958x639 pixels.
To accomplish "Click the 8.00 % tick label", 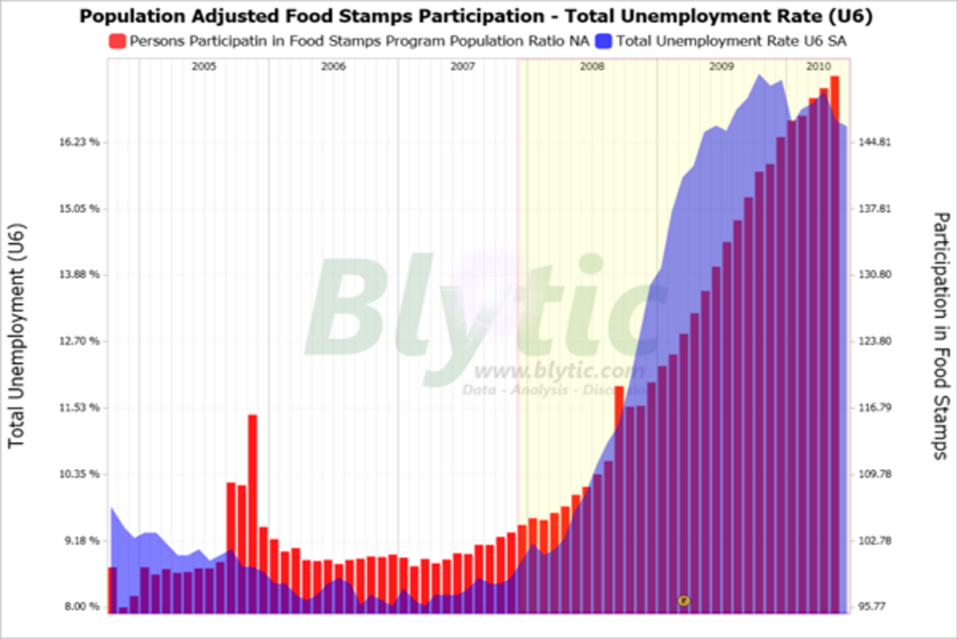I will [x=82, y=607].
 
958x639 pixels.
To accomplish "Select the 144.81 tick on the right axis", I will [x=873, y=142].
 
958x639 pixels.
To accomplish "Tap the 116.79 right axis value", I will [x=873, y=407].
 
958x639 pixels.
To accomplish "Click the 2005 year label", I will [x=204, y=67].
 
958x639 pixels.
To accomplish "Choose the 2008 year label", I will [x=592, y=67].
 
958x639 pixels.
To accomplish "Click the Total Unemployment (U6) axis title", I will [x=18, y=335].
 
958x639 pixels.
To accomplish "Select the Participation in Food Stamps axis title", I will [x=941, y=335].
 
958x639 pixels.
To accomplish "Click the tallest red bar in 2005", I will [x=252, y=511].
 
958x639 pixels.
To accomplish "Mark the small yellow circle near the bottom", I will [x=683, y=600].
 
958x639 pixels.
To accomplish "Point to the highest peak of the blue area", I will [x=759, y=76].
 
